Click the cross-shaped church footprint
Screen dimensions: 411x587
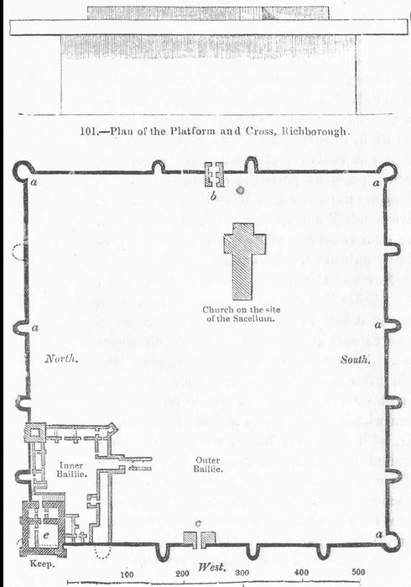[242, 262]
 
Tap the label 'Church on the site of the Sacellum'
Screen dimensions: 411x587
[242, 314]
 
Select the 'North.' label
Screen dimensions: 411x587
[61, 359]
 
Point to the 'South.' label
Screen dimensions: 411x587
[356, 359]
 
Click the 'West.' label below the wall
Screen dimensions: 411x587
[212, 567]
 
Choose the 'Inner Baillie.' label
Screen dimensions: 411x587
[71, 469]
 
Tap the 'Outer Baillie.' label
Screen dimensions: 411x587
[208, 464]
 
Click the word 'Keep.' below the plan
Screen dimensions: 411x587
[42, 563]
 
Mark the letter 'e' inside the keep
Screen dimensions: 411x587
[45, 535]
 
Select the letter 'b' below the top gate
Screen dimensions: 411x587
[214, 196]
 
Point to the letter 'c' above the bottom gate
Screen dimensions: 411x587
[198, 523]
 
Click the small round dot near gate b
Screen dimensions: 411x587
[241, 190]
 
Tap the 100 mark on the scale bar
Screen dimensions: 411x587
[127, 574]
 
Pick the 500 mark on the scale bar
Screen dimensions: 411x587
[358, 572]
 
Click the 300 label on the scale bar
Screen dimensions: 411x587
[242, 573]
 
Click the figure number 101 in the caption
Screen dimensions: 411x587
[88, 131]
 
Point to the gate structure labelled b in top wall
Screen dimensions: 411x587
[214, 175]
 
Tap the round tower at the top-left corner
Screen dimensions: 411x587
[22, 170]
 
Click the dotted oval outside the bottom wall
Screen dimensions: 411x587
[102, 551]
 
